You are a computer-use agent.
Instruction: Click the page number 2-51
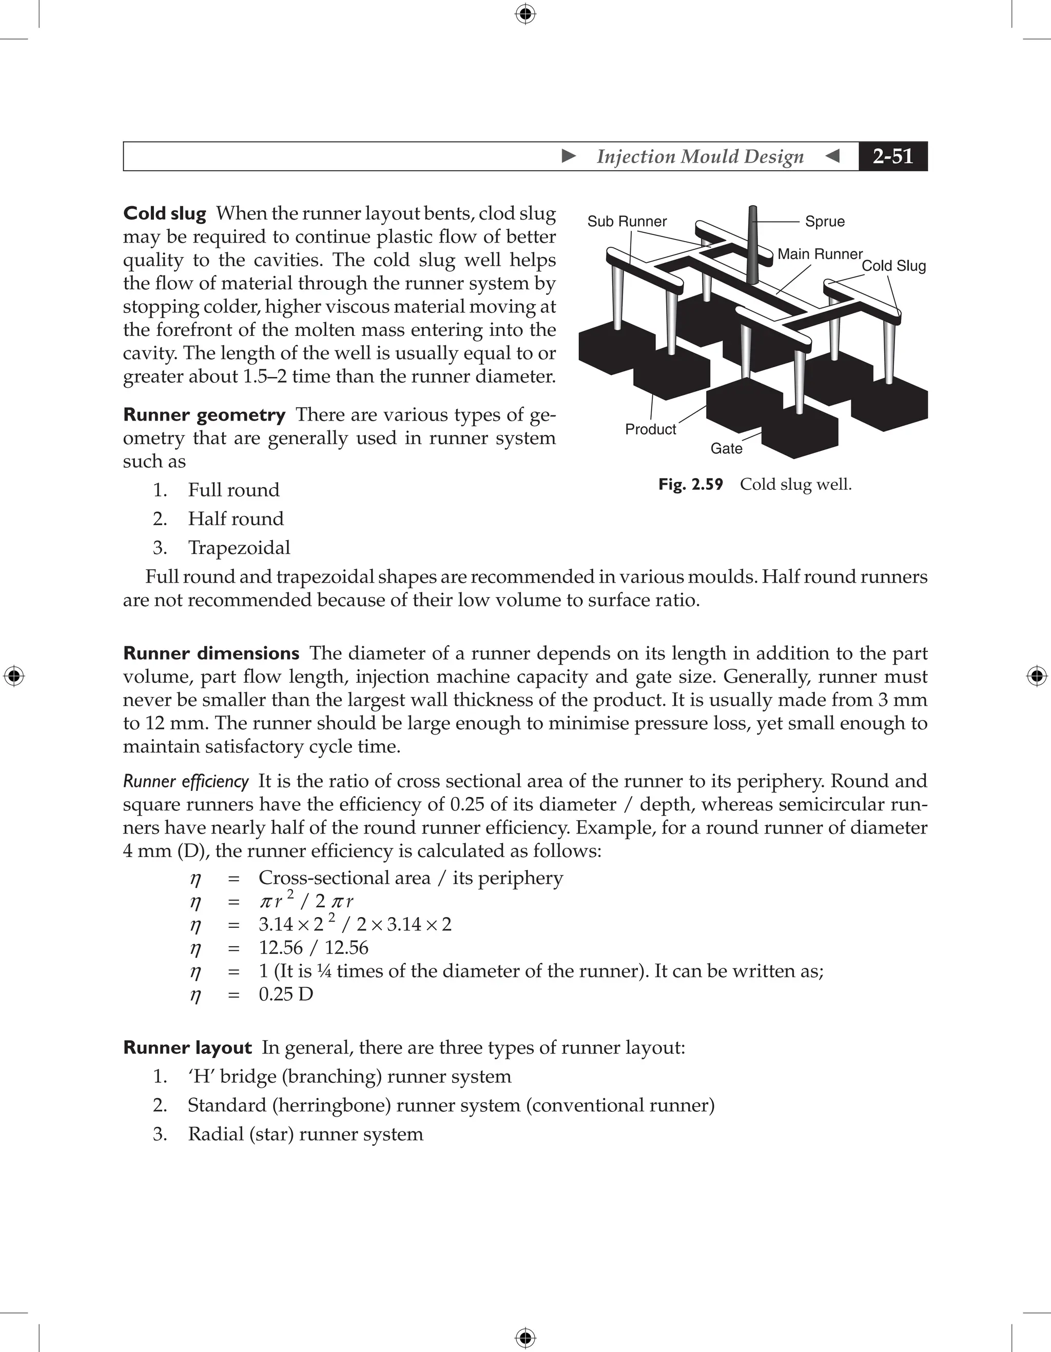tap(892, 156)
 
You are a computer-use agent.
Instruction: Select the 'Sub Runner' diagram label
tap(627, 222)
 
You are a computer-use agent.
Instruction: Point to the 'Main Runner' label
tap(820, 254)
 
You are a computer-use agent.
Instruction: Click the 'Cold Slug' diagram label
tap(893, 266)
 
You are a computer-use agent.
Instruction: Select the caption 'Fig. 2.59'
tap(691, 484)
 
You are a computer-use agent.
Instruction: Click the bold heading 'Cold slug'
tap(164, 213)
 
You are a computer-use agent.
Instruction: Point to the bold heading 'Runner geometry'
tap(204, 415)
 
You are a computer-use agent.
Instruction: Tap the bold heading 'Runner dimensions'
tap(211, 654)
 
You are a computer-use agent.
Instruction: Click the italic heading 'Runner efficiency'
tap(186, 781)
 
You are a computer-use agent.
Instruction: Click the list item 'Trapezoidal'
tap(239, 548)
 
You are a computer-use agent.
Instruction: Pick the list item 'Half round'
tap(236, 519)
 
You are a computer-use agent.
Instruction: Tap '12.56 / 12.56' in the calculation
tap(314, 948)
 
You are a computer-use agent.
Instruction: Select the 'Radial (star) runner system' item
tap(305, 1134)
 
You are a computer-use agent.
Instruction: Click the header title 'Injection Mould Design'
tap(700, 156)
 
